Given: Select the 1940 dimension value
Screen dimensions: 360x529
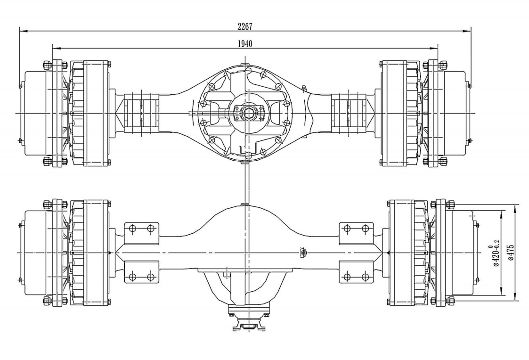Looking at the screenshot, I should click(245, 43).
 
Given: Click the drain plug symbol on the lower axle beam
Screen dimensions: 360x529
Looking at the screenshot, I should click(303, 254).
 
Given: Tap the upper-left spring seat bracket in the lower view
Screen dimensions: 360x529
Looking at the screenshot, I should click(141, 229).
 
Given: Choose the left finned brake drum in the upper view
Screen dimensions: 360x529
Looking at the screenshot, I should click(89, 113).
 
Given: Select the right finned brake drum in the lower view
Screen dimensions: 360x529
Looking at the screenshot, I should click(407, 253).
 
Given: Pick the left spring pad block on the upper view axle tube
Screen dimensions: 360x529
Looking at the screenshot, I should click(141, 113).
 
